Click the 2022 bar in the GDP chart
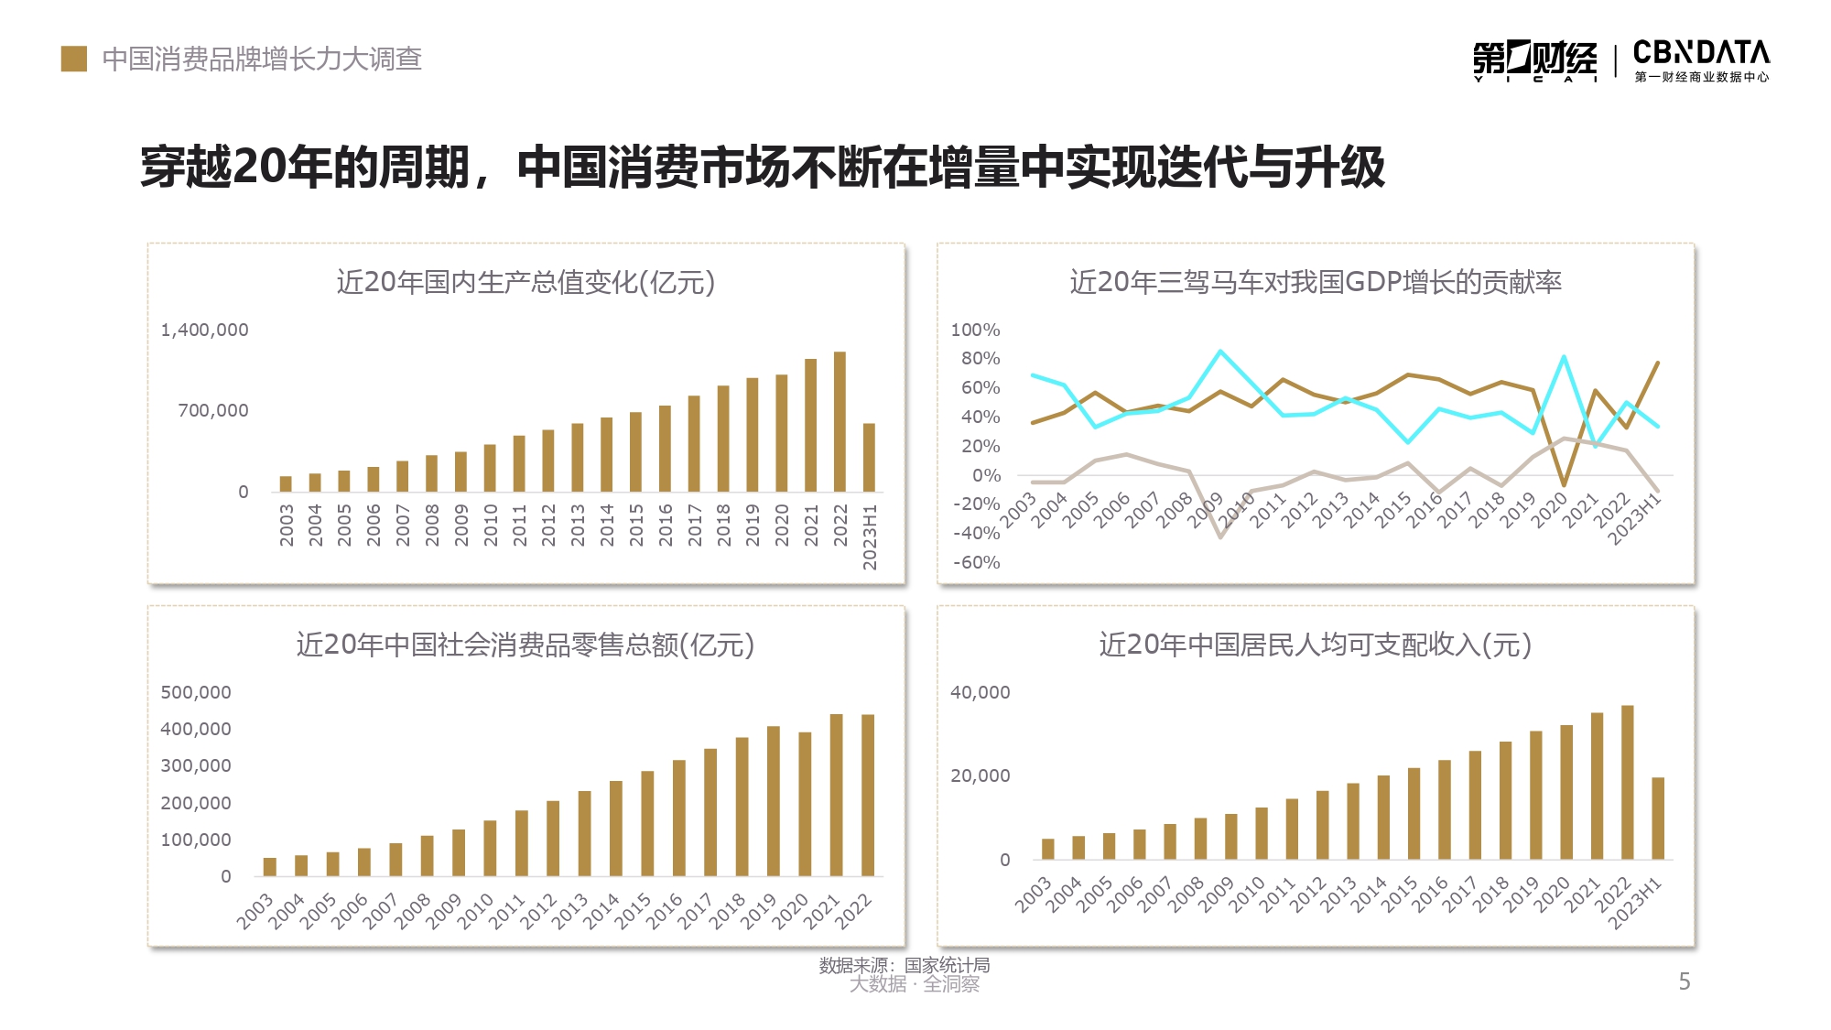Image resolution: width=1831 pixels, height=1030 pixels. click(x=840, y=421)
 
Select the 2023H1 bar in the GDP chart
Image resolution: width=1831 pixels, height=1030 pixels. click(x=869, y=457)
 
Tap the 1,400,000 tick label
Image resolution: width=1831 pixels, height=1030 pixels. click(x=204, y=330)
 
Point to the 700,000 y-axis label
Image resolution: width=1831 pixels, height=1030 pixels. click(x=212, y=410)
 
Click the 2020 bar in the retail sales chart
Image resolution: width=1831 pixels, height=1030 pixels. click(x=805, y=804)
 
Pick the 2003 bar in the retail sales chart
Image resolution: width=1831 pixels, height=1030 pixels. click(x=270, y=866)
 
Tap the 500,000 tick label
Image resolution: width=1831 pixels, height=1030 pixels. click(x=196, y=692)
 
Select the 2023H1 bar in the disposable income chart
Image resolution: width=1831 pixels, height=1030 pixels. click(x=1658, y=818)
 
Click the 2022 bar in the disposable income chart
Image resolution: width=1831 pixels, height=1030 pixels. click(x=1627, y=782)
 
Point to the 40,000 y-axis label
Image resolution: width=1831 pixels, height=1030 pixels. click(x=980, y=692)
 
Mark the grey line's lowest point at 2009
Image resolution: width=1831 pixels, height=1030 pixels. click(x=1220, y=537)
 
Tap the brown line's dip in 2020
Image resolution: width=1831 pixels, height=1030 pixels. click(x=1564, y=484)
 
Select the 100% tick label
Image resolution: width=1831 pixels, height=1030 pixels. click(x=975, y=330)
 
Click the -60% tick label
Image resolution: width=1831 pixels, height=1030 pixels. click(x=976, y=562)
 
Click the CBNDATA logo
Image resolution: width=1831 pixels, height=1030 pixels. click(x=1701, y=60)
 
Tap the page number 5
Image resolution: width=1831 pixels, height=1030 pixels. click(x=1684, y=981)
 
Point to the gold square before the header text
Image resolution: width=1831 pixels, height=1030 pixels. click(x=74, y=59)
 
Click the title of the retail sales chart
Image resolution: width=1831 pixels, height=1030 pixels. click(x=525, y=645)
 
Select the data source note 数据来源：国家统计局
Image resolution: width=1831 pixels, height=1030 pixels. click(x=904, y=965)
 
